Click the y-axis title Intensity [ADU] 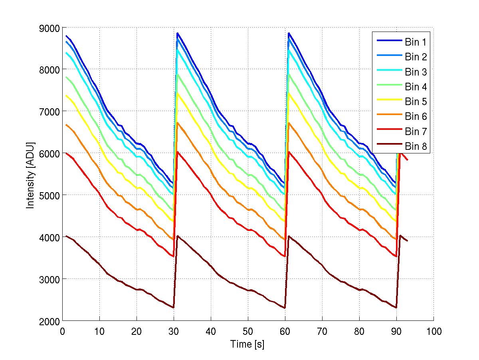coord(30,175)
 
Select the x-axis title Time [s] coord(247,344)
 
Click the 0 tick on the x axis coord(63,331)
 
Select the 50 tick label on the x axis coord(248,331)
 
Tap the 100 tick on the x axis coord(433,331)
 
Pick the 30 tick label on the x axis coord(174,331)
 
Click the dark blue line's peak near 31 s coord(177,33)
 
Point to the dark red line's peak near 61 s coord(289,236)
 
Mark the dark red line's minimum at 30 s coord(174,307)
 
